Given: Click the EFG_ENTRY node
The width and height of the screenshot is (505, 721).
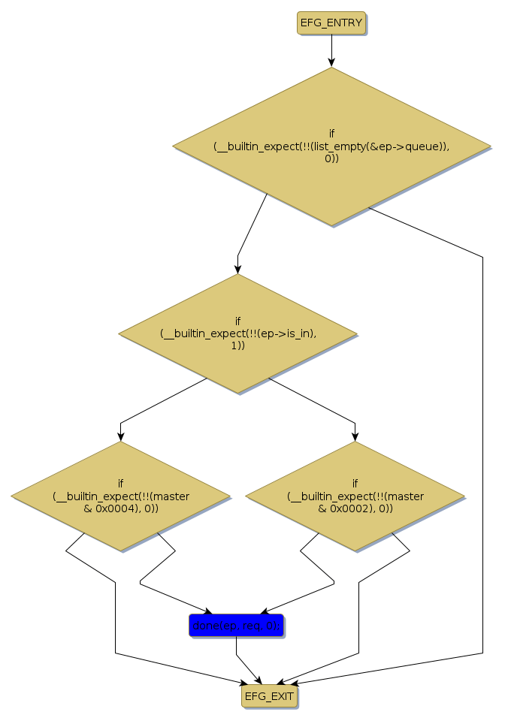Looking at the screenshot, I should (331, 23).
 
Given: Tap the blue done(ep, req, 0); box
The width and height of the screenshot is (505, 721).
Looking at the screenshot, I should (236, 626).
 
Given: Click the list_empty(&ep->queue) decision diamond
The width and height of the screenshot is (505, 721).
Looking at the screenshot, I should (331, 146).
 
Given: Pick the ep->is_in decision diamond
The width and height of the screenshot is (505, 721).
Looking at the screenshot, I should (237, 333).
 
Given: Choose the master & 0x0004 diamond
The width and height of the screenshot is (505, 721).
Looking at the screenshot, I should (120, 496).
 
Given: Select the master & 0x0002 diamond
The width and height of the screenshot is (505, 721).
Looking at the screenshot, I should (355, 496).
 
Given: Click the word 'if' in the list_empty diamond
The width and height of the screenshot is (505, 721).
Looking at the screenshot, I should (331, 133).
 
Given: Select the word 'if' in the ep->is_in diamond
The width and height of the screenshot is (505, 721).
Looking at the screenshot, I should (237, 321).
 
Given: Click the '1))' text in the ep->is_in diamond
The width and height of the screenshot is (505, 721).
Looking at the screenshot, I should (237, 345).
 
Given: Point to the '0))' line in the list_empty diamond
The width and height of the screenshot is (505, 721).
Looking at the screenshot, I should (331, 158).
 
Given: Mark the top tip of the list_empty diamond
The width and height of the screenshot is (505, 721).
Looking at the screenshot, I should (331, 68).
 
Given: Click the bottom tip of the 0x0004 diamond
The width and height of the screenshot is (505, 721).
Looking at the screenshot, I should (120, 551).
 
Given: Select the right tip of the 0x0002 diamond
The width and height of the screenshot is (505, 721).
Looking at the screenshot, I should (464, 496).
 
